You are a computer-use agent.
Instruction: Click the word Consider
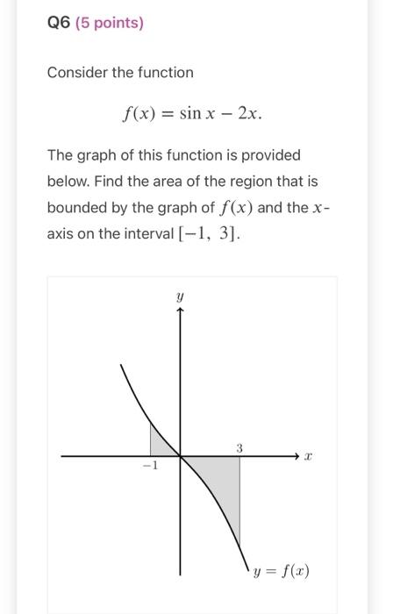(78, 72)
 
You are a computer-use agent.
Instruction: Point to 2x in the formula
(249, 115)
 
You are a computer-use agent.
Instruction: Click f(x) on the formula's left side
(139, 115)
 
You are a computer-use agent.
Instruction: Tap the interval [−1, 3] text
(217, 235)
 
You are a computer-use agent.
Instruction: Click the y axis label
(181, 298)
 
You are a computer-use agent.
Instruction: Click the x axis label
(309, 457)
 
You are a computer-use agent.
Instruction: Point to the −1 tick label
(150, 467)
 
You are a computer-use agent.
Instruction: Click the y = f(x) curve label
(281, 572)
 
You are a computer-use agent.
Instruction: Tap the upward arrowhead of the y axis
(181, 315)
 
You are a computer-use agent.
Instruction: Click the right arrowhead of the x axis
(296, 456)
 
